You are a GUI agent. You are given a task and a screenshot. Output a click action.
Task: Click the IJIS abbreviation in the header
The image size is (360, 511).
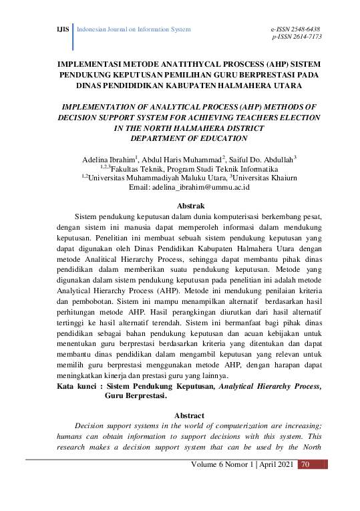coord(61,30)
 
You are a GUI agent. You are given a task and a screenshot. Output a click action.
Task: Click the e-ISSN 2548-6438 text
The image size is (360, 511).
coord(295,30)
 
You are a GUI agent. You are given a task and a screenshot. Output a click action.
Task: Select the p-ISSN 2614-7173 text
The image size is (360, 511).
coord(297,37)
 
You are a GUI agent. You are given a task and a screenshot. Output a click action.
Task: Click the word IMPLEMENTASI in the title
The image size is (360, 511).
coord(93,65)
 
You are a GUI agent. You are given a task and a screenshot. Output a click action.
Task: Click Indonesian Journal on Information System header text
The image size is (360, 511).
coord(134,30)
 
